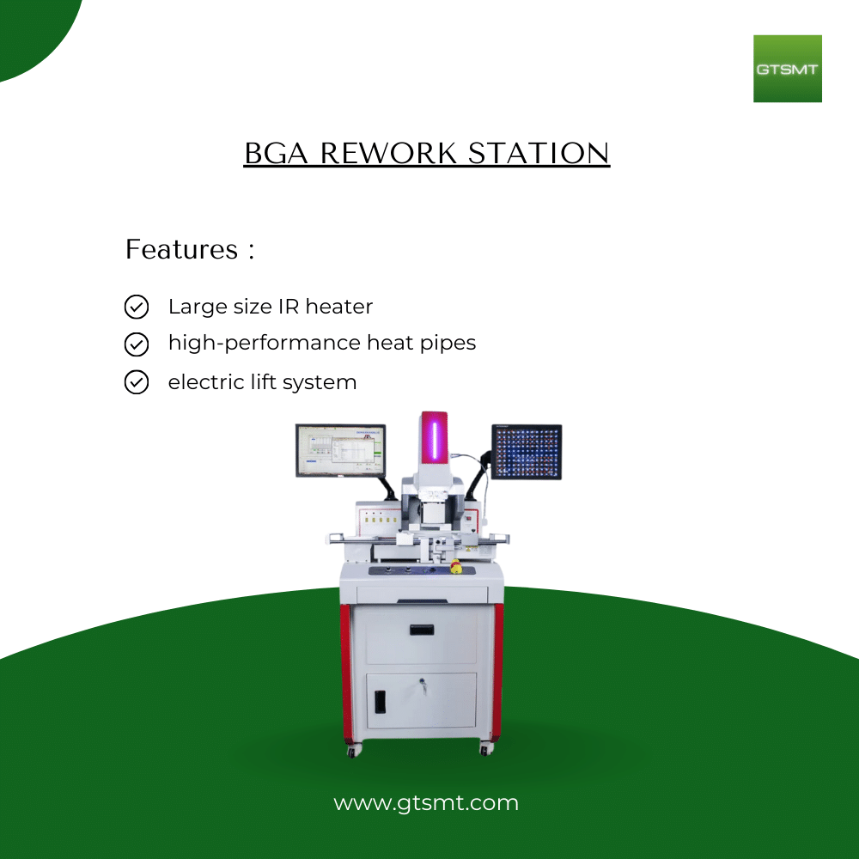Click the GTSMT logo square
pyautogui.click(x=787, y=69)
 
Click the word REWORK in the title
pyautogui.click(x=388, y=153)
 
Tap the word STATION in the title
pyautogui.click(x=539, y=153)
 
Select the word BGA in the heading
pyautogui.click(x=276, y=153)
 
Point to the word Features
pyautogui.click(x=182, y=249)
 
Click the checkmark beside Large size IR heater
pyautogui.click(x=137, y=307)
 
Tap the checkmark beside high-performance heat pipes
pyautogui.click(x=137, y=344)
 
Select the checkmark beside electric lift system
pyautogui.click(x=137, y=382)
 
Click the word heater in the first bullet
pyautogui.click(x=339, y=307)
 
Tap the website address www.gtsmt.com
pyautogui.click(x=426, y=803)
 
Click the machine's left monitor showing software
pyautogui.click(x=341, y=450)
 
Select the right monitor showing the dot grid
pyautogui.click(x=527, y=452)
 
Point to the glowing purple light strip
pyautogui.click(x=435, y=439)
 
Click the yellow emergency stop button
pyautogui.click(x=455, y=567)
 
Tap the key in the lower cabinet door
pyautogui.click(x=423, y=685)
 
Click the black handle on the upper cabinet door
pyautogui.click(x=422, y=630)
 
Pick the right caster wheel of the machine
pyautogui.click(x=485, y=749)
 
